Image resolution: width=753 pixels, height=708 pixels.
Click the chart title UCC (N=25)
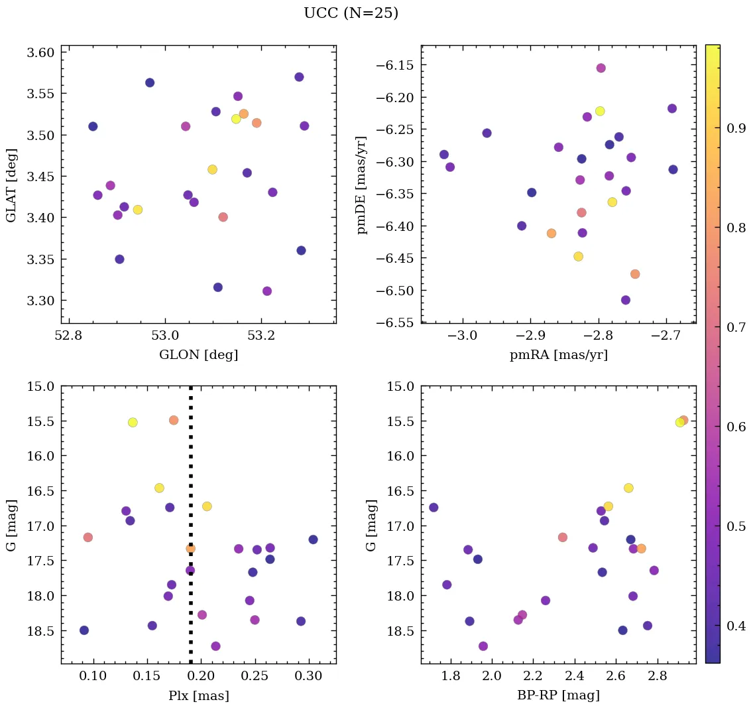(x=351, y=13)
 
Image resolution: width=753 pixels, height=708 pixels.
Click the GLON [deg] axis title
(x=198, y=355)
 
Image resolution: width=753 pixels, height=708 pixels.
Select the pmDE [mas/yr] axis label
(x=361, y=184)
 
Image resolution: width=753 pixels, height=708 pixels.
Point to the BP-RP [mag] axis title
(x=558, y=696)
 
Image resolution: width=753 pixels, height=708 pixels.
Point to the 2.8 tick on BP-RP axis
(x=658, y=677)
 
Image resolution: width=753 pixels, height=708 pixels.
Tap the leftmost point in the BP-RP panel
(x=434, y=508)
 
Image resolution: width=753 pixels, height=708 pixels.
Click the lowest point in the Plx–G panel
(x=215, y=646)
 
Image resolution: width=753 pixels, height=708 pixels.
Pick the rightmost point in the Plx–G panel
(x=313, y=539)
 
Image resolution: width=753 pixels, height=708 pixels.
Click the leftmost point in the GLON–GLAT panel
(x=93, y=126)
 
